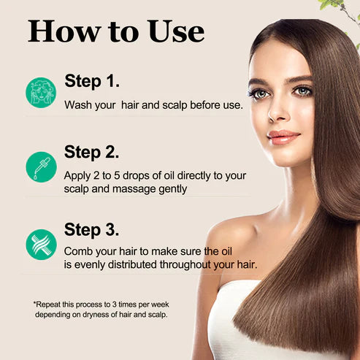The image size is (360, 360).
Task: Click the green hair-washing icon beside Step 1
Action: click(x=42, y=93)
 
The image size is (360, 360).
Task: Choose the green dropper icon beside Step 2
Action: click(x=42, y=167)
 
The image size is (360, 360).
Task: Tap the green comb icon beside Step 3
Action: click(x=42, y=244)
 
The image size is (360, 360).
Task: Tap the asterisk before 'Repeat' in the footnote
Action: click(x=34, y=302)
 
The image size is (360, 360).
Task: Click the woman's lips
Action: click(x=283, y=137)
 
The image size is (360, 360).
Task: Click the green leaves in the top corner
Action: click(x=344, y=7)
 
